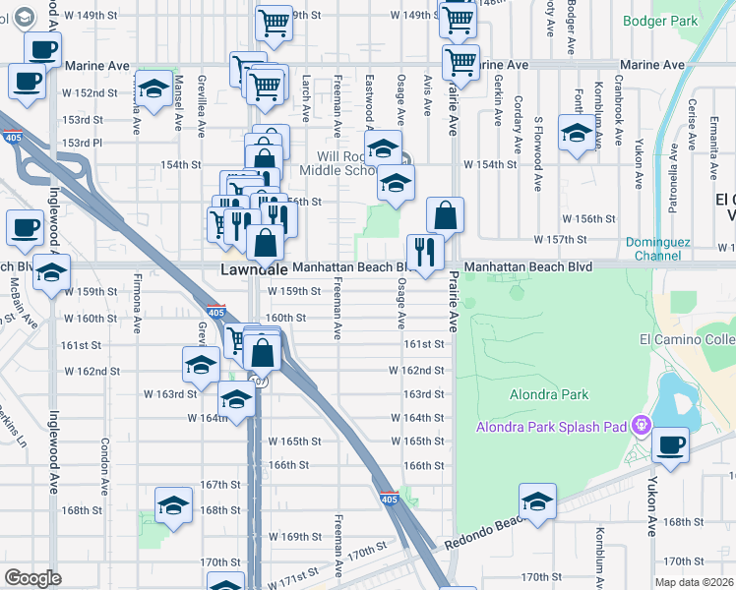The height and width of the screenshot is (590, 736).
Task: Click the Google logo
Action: tap(32, 578)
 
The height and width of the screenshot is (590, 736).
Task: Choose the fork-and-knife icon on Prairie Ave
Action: tap(425, 251)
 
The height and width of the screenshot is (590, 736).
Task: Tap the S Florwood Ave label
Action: tap(539, 140)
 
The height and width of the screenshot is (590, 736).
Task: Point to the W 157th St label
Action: tap(560, 239)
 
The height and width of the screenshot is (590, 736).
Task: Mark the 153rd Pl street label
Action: tap(83, 143)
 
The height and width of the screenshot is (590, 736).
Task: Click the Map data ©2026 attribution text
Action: tap(695, 582)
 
